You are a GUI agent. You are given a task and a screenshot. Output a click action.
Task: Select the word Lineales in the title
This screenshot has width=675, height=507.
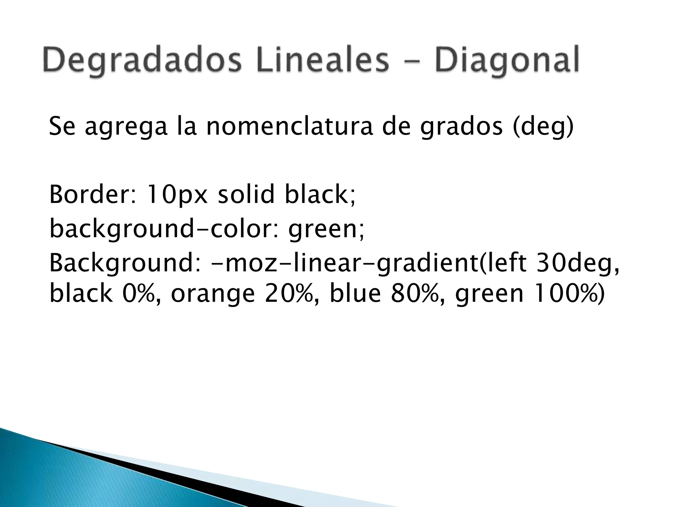tap(321, 61)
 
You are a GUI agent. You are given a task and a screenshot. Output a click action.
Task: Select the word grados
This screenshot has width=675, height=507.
tap(461, 127)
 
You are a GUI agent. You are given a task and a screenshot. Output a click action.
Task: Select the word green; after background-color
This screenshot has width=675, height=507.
tap(326, 229)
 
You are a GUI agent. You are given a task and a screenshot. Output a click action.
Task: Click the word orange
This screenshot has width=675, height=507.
tap(213, 294)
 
